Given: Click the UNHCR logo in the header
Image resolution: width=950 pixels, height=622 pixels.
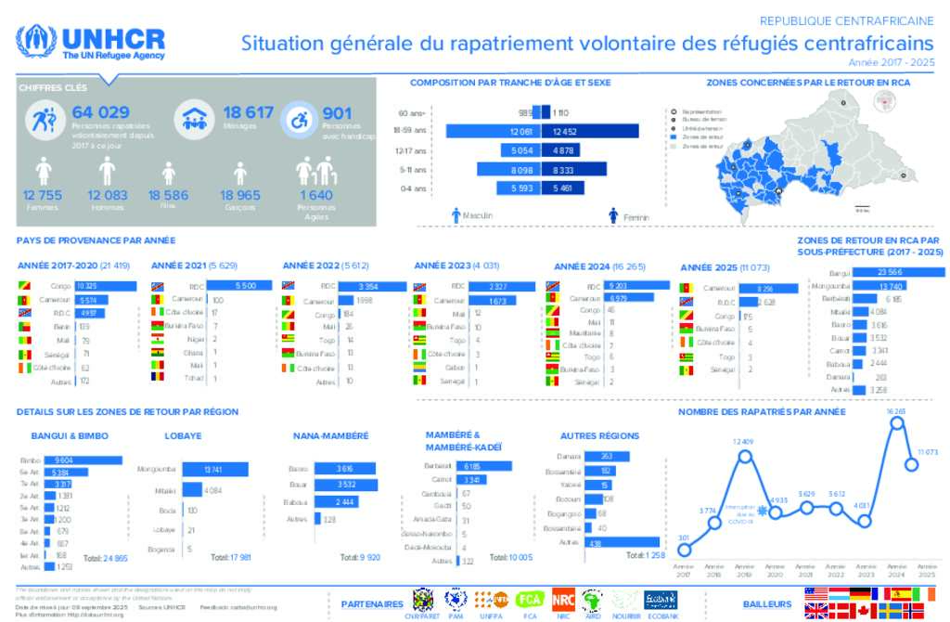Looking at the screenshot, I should pyautogui.click(x=91, y=43).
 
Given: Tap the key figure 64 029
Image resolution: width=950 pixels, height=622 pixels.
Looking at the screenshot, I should pyautogui.click(x=100, y=113).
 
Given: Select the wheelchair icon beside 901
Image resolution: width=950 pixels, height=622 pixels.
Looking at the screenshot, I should pyautogui.click(x=300, y=119).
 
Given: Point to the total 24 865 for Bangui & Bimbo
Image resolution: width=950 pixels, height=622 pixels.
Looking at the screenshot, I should pyautogui.click(x=106, y=559).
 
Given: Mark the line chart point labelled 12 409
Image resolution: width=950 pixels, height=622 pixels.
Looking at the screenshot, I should pyautogui.click(x=744, y=455).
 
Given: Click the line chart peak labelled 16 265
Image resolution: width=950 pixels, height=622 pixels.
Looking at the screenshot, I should pyautogui.click(x=895, y=423).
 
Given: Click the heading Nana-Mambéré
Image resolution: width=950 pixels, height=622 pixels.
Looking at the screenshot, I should pyautogui.click(x=330, y=435).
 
